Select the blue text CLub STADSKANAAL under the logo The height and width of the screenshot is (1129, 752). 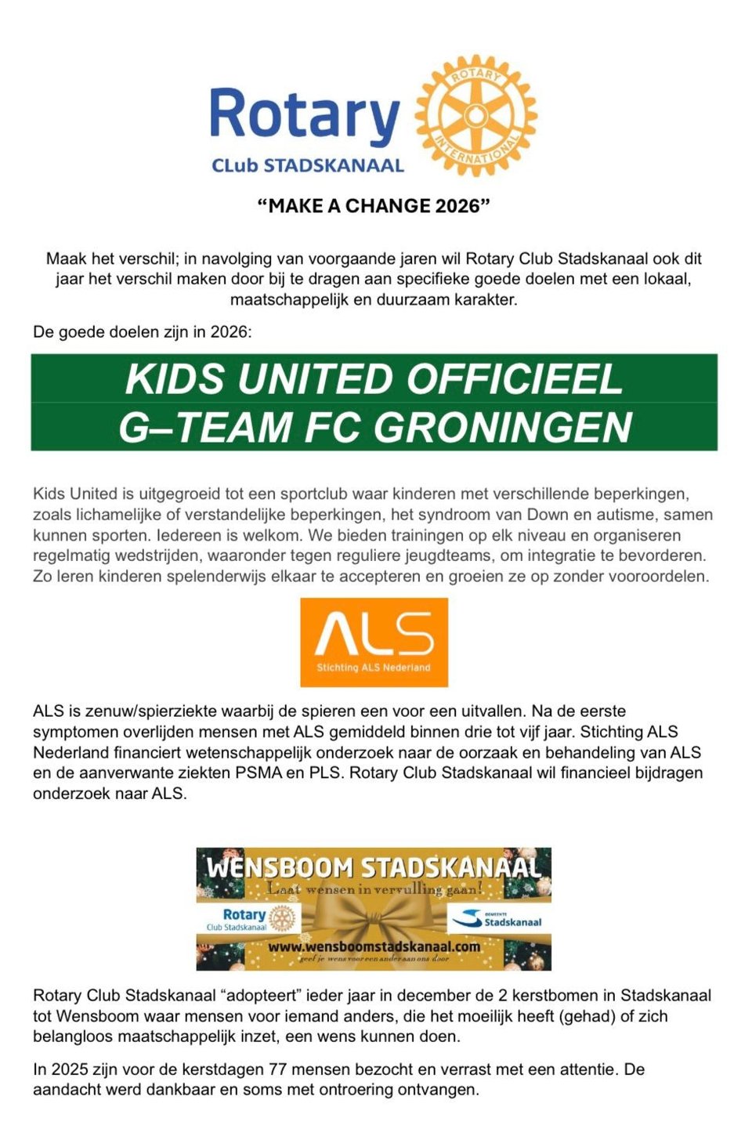click(308, 166)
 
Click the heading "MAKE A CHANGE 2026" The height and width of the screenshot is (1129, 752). click(374, 206)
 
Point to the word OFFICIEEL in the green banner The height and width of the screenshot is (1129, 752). click(514, 379)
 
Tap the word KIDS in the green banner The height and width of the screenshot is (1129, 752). click(175, 379)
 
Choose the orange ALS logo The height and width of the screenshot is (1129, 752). click(374, 642)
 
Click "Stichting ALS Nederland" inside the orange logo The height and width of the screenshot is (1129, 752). click(374, 668)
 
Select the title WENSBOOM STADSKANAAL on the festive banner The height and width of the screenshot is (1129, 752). click(374, 868)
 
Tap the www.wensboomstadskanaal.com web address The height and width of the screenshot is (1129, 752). click(374, 946)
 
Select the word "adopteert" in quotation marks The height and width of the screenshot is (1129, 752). click(262, 996)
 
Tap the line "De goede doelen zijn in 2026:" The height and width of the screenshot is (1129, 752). click(143, 332)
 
